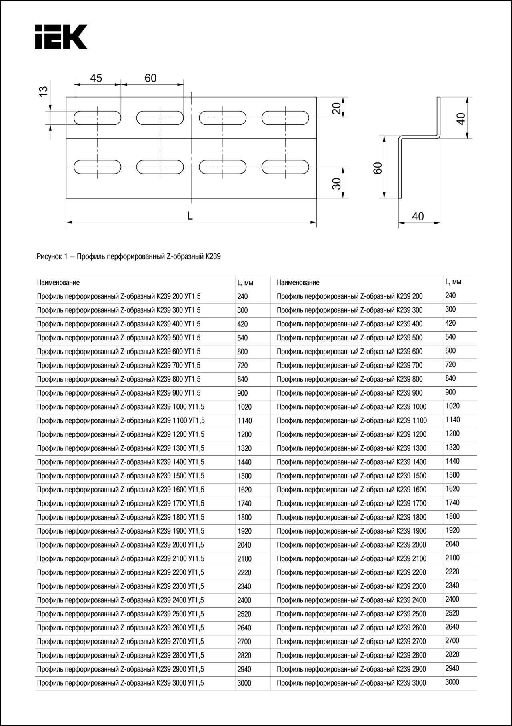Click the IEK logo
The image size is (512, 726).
click(x=61, y=37)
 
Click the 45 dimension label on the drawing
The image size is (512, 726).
click(x=96, y=78)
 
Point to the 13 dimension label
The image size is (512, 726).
click(x=44, y=91)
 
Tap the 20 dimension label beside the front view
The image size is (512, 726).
click(x=337, y=108)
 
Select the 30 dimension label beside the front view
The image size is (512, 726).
click(x=337, y=184)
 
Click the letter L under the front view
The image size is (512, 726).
click(x=190, y=216)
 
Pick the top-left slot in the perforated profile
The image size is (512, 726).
click(x=97, y=118)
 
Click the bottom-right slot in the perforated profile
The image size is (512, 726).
click(x=285, y=167)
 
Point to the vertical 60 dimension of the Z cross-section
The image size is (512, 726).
click(x=378, y=168)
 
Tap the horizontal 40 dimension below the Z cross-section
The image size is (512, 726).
click(x=418, y=216)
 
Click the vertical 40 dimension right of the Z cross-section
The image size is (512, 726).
click(x=461, y=118)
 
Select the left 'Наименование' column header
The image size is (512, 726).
click(x=58, y=282)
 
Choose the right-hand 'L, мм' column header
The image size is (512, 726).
click(x=453, y=282)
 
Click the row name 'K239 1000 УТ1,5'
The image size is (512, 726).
click(x=120, y=407)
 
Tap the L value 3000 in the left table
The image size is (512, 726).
click(x=244, y=683)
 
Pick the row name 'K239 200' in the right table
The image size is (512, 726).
click(x=349, y=296)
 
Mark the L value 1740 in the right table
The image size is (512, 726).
click(x=452, y=503)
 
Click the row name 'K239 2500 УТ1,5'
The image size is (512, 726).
click(x=120, y=614)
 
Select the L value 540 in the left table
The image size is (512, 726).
click(x=242, y=338)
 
